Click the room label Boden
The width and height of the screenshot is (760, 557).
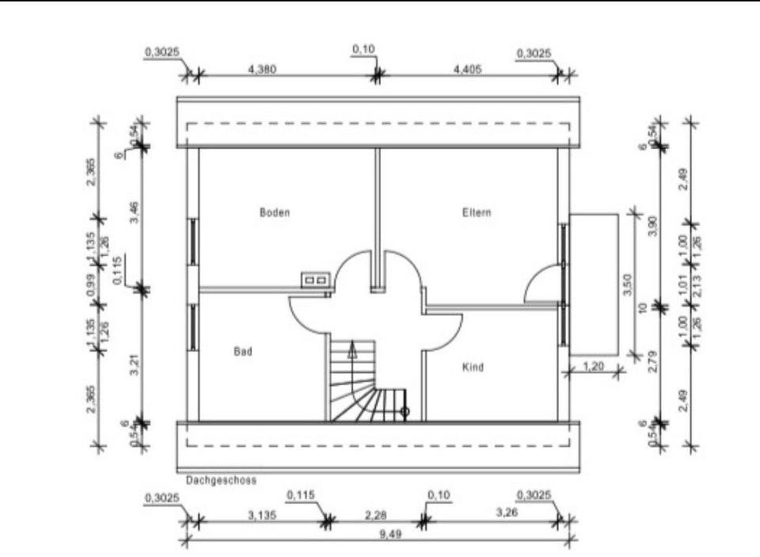275,212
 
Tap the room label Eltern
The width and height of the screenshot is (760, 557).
477,212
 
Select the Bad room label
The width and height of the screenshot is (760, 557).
242,351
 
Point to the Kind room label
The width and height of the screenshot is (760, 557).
473,368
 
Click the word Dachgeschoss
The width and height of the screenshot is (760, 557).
221,480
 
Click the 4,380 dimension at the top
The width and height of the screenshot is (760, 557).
262,69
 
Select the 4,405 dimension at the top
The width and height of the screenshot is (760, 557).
467,69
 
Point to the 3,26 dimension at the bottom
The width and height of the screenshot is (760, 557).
507,514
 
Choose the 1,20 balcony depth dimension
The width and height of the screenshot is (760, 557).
594,365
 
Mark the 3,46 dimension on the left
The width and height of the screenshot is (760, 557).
135,212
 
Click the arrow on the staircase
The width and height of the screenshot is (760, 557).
352,349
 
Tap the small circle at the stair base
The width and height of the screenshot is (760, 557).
405,411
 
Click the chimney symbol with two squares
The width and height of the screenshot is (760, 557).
314,280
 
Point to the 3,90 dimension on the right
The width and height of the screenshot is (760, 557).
653,226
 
